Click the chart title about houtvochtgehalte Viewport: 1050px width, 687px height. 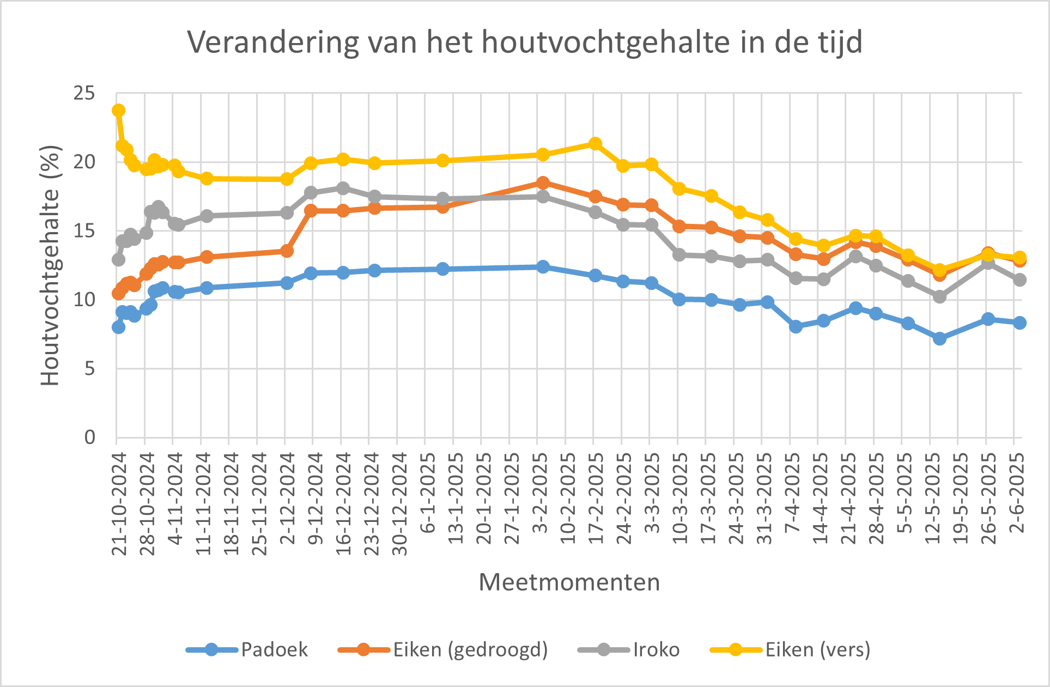click(x=525, y=42)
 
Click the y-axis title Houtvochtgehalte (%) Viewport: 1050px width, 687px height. click(x=51, y=265)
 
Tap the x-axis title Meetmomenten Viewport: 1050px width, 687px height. click(x=569, y=582)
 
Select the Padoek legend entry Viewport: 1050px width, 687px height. click(x=274, y=649)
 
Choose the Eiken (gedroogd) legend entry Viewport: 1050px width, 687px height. click(x=470, y=649)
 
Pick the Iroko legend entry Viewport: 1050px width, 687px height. click(x=656, y=649)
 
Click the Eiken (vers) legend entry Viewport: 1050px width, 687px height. click(x=817, y=649)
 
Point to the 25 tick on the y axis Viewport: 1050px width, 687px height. click(x=84, y=94)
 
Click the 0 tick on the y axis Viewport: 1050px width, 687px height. click(x=89, y=437)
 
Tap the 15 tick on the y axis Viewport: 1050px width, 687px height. click(x=84, y=231)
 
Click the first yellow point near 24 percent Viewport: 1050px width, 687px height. click(x=118, y=111)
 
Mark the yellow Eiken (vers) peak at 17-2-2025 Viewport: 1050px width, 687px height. click(x=596, y=144)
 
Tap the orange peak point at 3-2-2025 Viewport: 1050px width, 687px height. click(x=543, y=183)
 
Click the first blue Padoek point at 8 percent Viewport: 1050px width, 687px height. click(x=118, y=327)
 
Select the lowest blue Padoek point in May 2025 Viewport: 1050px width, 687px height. click(x=939, y=338)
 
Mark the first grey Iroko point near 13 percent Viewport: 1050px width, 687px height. click(x=118, y=259)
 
